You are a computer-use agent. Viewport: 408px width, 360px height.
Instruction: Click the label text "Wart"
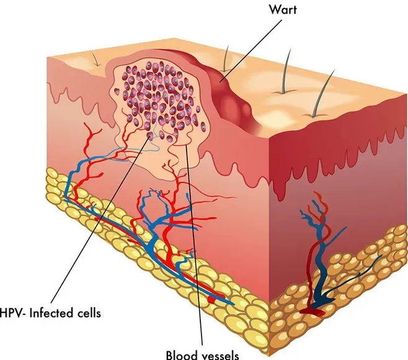point(282,10)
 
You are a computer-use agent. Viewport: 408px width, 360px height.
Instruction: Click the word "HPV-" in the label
point(12,313)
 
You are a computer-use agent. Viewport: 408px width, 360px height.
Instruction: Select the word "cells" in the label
point(89,313)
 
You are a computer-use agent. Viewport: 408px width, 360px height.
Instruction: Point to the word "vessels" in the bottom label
point(220,356)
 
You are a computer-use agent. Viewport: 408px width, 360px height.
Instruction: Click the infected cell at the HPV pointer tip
point(150,135)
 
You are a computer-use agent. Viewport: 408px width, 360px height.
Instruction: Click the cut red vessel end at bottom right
point(313,312)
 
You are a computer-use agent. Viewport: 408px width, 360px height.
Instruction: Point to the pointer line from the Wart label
point(251,50)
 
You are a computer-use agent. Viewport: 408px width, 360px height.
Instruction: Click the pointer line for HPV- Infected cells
point(100,219)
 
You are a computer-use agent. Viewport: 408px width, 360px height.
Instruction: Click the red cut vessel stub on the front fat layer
point(212,300)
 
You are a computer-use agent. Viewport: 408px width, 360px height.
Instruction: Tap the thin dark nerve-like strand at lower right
point(354,276)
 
